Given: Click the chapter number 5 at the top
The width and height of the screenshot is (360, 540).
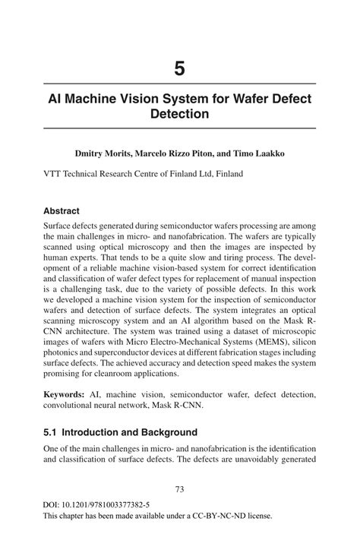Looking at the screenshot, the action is coord(179,68).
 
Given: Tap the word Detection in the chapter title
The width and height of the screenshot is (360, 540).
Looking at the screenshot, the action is coord(179,115).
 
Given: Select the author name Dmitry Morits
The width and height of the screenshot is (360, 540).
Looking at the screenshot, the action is coord(103,153).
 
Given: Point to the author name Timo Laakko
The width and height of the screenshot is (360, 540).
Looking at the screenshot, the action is coord(257,153).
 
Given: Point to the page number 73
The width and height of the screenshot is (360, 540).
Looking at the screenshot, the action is coord(179,489).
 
